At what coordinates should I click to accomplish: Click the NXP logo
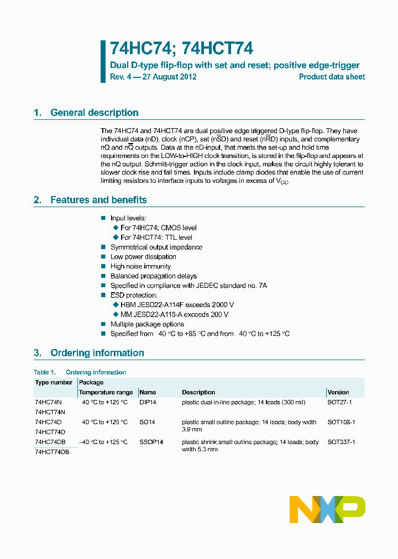327,509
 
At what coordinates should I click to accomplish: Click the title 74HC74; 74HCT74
181,49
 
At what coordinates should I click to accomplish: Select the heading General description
94,113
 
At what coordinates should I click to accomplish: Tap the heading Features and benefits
98,200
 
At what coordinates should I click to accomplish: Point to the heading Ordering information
97,353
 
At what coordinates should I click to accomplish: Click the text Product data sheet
332,77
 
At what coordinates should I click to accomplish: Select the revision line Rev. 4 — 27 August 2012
153,77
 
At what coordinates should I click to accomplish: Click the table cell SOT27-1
341,403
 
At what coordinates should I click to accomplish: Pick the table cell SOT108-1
341,422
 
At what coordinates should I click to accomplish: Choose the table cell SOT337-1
341,442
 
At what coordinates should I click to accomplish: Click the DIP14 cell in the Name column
148,403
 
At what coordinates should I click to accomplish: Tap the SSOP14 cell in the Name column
151,442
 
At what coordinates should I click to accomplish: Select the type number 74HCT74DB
52,452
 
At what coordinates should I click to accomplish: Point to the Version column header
338,392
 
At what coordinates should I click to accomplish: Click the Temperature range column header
106,392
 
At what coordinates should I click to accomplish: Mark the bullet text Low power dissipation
143,257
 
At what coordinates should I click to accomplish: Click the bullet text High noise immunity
140,266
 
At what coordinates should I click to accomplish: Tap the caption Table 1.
45,372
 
